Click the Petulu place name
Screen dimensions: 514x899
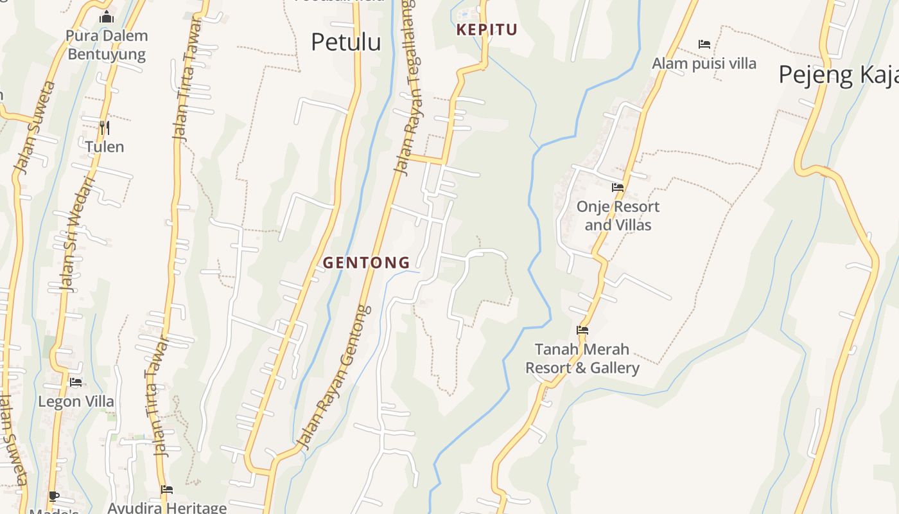pos(345,42)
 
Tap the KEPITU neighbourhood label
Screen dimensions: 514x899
pos(487,30)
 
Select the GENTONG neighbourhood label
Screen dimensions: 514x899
pos(366,262)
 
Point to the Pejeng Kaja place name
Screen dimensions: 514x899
pos(838,75)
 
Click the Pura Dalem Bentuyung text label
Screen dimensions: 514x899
pos(107,45)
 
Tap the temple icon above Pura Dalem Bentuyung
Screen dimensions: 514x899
pos(107,17)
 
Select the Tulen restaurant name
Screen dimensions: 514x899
pos(105,146)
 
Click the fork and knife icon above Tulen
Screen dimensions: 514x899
pos(105,127)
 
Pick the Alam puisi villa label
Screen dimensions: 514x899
pos(704,64)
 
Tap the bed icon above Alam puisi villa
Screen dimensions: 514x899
pos(704,44)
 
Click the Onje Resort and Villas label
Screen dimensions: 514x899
pos(618,216)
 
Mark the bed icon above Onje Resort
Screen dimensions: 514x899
pos(618,188)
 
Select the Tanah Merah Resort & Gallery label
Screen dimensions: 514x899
pos(582,359)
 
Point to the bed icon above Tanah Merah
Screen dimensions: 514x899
pos(582,330)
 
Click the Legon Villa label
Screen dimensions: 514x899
pos(76,402)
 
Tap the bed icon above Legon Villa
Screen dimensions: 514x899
pos(76,382)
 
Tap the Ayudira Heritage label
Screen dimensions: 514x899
pos(167,508)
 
